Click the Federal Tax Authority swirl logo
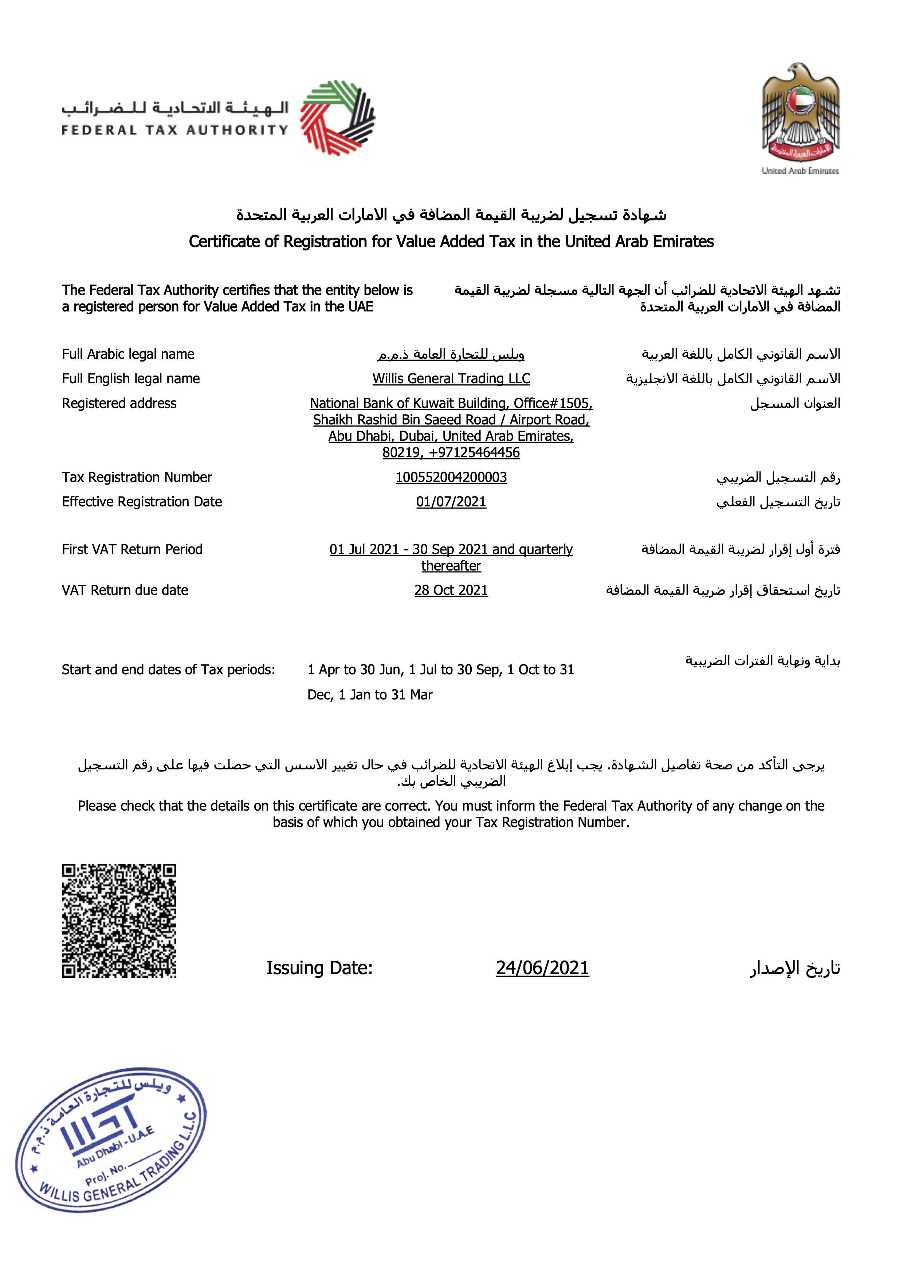(x=338, y=117)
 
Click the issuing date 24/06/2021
(x=542, y=968)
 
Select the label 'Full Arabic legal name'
(x=128, y=354)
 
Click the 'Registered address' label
(x=119, y=404)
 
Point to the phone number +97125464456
(x=474, y=452)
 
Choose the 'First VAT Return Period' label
(x=132, y=549)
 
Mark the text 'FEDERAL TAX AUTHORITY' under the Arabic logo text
(x=175, y=130)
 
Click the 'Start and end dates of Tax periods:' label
(x=168, y=670)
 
